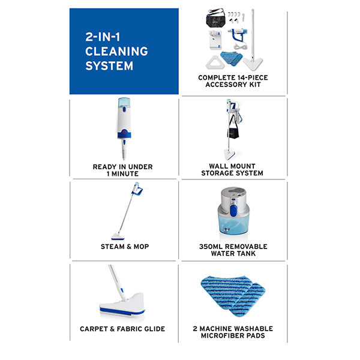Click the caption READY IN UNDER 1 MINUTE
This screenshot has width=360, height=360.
(123, 170)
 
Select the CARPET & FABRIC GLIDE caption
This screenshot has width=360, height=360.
(122, 329)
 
